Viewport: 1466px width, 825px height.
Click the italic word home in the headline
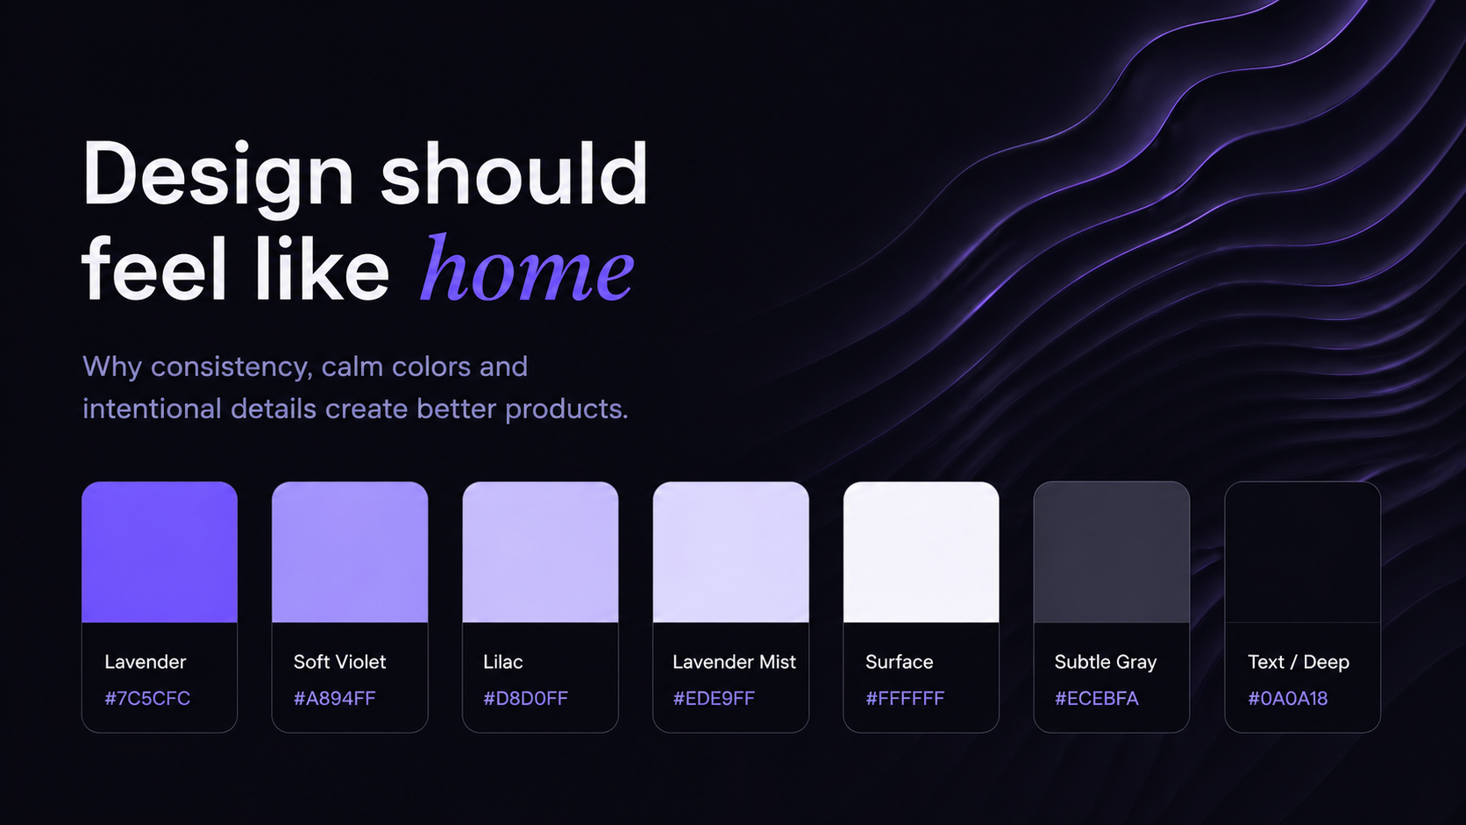point(528,268)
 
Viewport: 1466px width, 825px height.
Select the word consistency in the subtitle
point(231,367)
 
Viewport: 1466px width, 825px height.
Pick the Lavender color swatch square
point(160,552)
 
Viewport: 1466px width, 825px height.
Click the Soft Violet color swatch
point(350,552)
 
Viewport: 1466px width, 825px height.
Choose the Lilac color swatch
point(541,552)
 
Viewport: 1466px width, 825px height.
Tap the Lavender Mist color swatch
point(731,552)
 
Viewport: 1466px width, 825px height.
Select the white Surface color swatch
point(922,552)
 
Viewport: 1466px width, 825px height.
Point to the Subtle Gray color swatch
point(1112,552)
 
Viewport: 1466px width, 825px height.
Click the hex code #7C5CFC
point(147,699)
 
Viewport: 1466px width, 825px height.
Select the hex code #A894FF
point(334,699)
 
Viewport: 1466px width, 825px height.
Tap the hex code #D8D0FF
point(525,699)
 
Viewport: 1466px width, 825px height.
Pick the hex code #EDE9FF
point(714,699)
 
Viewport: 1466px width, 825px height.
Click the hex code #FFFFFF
point(905,699)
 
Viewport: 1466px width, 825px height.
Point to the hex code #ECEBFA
point(1097,699)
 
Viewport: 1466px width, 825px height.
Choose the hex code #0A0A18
point(1288,699)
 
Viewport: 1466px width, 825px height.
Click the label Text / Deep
point(1299,662)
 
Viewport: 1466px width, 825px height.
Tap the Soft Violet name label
point(339,662)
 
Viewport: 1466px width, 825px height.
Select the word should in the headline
point(515,174)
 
